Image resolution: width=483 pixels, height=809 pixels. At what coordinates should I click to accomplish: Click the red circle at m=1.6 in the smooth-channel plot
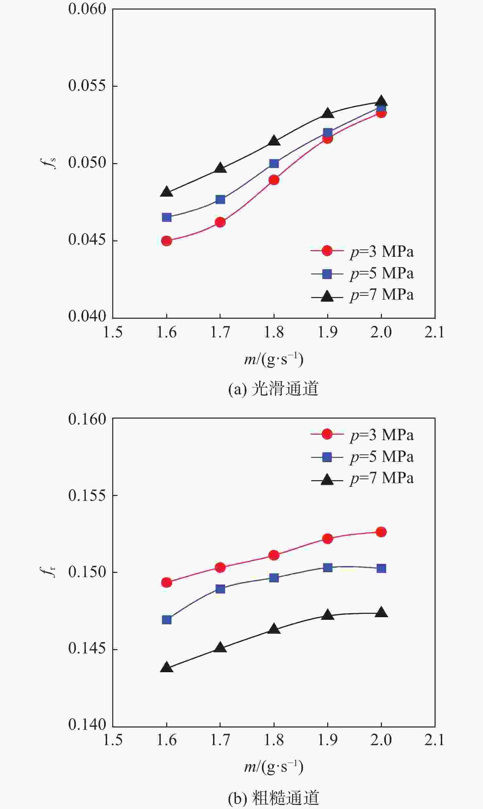click(167, 241)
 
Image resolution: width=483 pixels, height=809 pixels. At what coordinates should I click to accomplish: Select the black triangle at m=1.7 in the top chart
click(220, 168)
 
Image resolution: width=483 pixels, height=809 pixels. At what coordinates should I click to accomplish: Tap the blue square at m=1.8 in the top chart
click(274, 163)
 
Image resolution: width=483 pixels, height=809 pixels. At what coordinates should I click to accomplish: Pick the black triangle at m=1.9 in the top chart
click(328, 113)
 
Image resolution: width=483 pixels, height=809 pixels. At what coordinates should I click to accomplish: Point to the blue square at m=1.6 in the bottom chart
click(167, 620)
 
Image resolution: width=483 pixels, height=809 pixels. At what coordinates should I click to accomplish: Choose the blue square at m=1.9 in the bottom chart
click(328, 568)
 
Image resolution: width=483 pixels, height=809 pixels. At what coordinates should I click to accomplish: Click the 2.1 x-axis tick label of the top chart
click(434, 332)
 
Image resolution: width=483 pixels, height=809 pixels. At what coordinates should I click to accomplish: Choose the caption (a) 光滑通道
click(273, 389)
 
